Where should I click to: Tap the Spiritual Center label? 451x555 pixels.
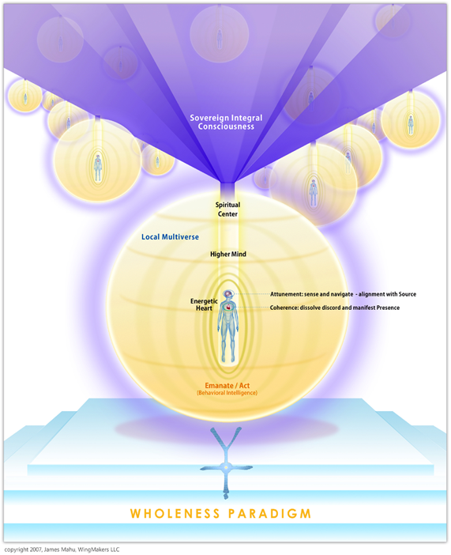tap(227, 210)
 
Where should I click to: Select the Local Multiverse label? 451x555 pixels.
tap(170, 237)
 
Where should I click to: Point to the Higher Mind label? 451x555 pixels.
tap(228, 254)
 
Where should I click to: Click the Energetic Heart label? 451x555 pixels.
tap(204, 304)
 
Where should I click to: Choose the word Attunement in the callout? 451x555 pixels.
tap(286, 294)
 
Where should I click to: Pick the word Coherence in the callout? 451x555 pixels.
tap(284, 308)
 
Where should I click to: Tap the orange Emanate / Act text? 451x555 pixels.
tap(227, 386)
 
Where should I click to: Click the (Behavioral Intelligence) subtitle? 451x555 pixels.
tap(227, 393)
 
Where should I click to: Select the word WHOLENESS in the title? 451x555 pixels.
tap(175, 514)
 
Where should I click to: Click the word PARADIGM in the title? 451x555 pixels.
tap(270, 514)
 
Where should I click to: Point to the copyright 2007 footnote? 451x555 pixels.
tap(62, 549)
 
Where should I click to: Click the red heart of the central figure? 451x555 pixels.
tap(228, 308)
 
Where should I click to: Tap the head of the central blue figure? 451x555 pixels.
tap(227, 294)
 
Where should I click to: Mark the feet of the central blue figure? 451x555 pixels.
tap(228, 358)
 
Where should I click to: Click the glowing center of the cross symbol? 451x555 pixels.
tap(225, 467)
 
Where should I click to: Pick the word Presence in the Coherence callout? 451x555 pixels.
tap(388, 308)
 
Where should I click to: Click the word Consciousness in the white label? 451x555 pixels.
tap(226, 126)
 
